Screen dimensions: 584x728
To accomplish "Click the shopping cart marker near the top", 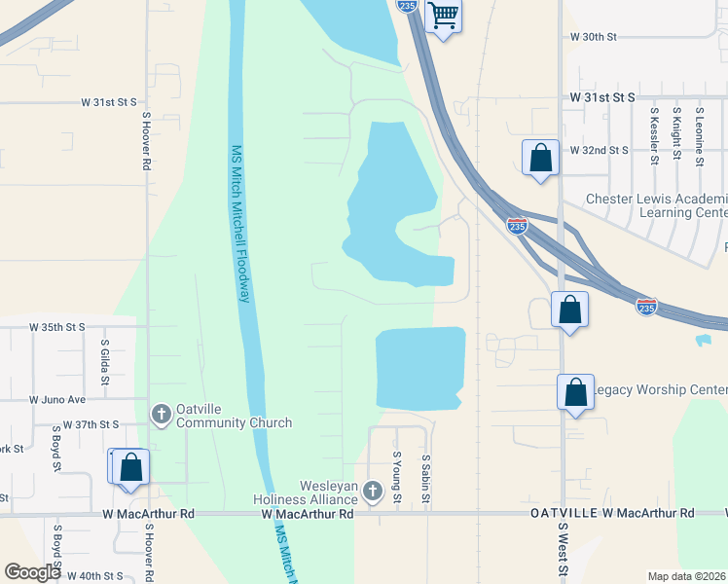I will click(x=444, y=16).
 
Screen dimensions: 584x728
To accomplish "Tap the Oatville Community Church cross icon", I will click(x=162, y=415).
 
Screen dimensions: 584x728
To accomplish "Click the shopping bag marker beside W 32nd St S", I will click(x=540, y=158).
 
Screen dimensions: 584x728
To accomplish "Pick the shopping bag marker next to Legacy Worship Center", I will click(x=575, y=392).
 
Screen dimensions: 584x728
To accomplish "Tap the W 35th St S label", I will click(x=56, y=327).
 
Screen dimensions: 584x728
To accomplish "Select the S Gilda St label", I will click(x=104, y=359).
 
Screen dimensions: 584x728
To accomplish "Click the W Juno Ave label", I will click(x=58, y=399).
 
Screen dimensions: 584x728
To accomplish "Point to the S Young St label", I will click(x=396, y=477).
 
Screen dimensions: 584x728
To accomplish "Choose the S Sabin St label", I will click(x=425, y=477).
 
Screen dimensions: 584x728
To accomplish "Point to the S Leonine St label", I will click(x=699, y=136).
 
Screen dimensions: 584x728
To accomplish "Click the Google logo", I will click(x=32, y=572).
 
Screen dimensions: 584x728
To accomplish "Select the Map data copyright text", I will click(x=687, y=576).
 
